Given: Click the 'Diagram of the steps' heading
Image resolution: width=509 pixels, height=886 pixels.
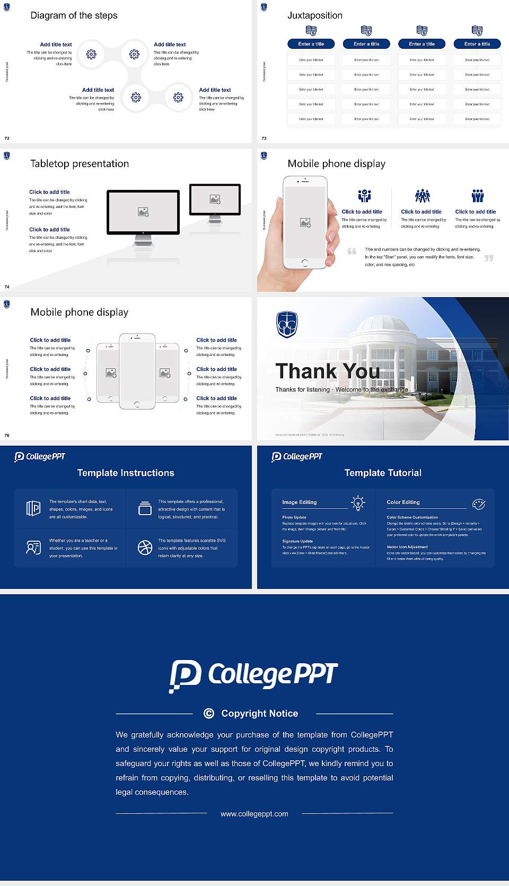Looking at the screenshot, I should coord(74,15).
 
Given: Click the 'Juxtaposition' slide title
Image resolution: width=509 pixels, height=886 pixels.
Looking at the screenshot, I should coord(314,15).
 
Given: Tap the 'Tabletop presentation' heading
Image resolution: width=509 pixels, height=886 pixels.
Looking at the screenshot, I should coord(80,163).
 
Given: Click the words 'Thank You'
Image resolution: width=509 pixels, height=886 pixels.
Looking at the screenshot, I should coord(328,371).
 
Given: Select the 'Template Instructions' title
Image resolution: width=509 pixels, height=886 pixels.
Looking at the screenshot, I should coord(126,473).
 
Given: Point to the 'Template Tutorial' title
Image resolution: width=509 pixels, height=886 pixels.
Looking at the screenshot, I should coord(383,473).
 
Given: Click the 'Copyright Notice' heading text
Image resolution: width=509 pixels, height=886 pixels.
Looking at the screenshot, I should coord(259,714).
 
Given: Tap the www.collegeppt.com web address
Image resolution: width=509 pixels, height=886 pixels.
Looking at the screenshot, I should coord(254,814).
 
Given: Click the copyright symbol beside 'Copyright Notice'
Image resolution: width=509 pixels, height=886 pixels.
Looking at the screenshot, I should coord(209,714).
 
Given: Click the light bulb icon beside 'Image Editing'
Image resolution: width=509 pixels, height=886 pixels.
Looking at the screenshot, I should coord(358,503).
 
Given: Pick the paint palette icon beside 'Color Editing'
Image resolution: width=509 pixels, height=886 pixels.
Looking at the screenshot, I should coord(479,504).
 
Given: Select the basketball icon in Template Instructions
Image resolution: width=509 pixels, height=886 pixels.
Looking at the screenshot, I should coord(145,548).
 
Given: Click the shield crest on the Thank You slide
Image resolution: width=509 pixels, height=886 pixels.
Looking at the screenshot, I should coord(287,324).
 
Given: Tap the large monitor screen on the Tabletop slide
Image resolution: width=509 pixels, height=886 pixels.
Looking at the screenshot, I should coord(143,212).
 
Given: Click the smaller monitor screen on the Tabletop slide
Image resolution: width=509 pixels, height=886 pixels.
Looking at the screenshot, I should coord(215,199).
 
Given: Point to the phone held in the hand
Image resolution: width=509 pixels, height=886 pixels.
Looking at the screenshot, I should coord(305,222).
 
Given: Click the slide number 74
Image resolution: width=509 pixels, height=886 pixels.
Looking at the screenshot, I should coord(7,287).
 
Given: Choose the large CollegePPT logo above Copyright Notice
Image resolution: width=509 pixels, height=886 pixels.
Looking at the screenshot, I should coord(253,675).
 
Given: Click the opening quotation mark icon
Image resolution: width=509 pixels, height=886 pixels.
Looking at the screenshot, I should coord(352,251).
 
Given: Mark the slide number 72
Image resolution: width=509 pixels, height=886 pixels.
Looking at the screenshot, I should coord(7,138).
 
